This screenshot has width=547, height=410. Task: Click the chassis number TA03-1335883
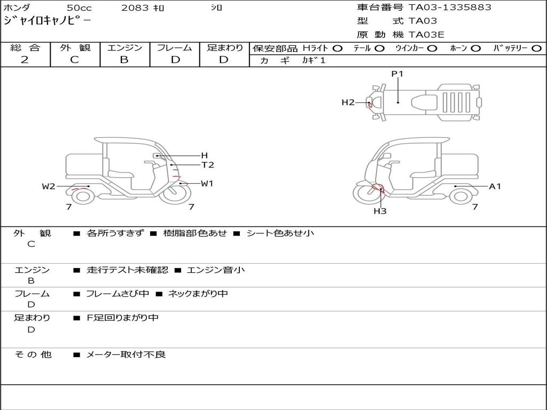click(x=450, y=7)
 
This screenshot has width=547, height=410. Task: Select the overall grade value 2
click(x=25, y=60)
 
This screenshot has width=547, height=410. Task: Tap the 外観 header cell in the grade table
click(x=75, y=48)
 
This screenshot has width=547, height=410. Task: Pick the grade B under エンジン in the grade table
click(x=124, y=60)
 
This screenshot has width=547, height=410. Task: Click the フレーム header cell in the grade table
click(x=175, y=48)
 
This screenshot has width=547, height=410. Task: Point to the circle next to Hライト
click(x=338, y=49)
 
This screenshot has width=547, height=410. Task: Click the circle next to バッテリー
click(x=536, y=49)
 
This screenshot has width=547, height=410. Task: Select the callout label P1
click(x=397, y=74)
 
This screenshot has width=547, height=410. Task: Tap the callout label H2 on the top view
click(x=348, y=102)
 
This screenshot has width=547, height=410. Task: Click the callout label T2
click(x=208, y=165)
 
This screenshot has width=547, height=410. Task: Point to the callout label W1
click(x=207, y=184)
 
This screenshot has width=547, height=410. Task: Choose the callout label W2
click(x=49, y=186)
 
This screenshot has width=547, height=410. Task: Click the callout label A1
click(x=495, y=186)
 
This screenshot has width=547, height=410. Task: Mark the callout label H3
click(x=380, y=211)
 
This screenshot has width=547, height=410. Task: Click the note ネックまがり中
click(x=198, y=294)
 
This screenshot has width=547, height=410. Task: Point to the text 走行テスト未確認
click(x=127, y=270)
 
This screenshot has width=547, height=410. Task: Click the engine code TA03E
click(x=426, y=35)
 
